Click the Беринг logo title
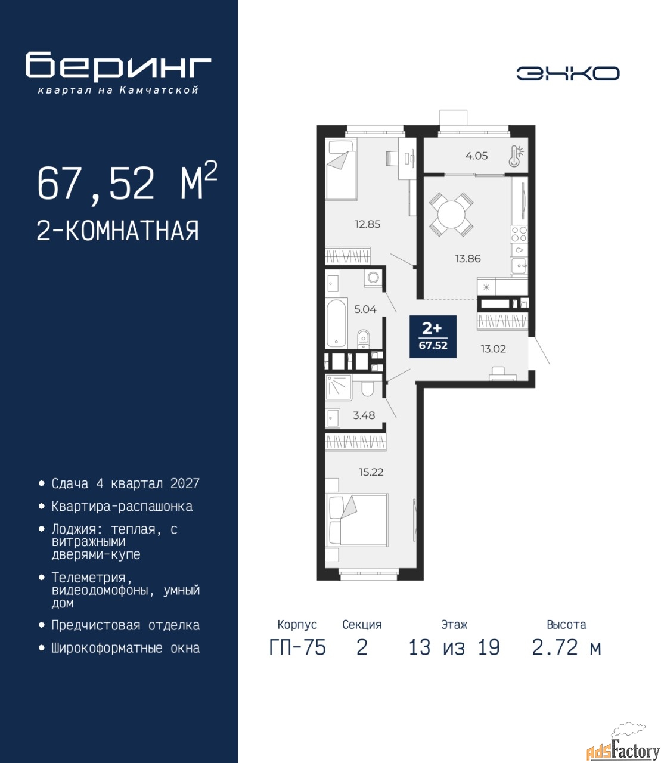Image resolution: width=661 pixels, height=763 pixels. pyautogui.click(x=118, y=66)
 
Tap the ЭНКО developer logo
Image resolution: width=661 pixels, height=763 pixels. pyautogui.click(x=567, y=73)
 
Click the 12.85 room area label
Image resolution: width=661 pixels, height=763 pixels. pyautogui.click(x=368, y=224)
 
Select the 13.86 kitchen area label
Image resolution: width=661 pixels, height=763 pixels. pyautogui.click(x=468, y=258)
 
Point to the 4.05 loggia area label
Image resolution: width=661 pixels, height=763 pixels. pyautogui.click(x=476, y=156)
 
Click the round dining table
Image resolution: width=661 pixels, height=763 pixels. pyautogui.click(x=451, y=214)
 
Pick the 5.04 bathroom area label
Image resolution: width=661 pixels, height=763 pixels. pyautogui.click(x=365, y=309)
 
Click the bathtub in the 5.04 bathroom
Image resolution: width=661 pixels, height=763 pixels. pyautogui.click(x=336, y=322)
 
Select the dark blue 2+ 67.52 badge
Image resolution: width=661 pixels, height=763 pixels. pyautogui.click(x=433, y=336)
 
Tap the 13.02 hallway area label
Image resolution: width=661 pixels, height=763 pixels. pyautogui.click(x=493, y=349)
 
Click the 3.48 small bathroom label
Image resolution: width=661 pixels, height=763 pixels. pyautogui.click(x=364, y=415)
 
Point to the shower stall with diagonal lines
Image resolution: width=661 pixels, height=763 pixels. pyautogui.click(x=339, y=387)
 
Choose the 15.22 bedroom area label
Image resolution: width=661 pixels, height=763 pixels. pyautogui.click(x=371, y=472)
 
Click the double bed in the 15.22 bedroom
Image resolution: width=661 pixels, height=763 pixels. pyautogui.click(x=358, y=520)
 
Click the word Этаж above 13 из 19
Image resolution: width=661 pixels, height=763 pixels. pyautogui.click(x=454, y=624)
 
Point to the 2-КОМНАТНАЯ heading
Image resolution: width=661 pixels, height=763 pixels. pyautogui.click(x=118, y=231)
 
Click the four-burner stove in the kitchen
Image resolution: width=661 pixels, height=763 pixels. pyautogui.click(x=519, y=234)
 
